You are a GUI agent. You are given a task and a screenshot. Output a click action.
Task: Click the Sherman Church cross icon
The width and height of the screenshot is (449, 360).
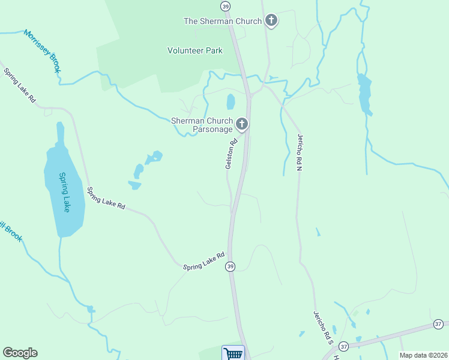click(271, 21)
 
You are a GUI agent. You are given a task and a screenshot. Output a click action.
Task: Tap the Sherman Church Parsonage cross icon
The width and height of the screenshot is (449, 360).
click(242, 124)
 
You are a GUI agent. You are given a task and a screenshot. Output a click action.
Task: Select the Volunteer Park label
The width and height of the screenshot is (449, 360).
click(195, 50)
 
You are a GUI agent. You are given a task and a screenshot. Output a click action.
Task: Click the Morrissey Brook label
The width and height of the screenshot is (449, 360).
click(43, 51)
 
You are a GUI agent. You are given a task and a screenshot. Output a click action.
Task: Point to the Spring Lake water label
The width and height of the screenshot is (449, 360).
click(64, 192)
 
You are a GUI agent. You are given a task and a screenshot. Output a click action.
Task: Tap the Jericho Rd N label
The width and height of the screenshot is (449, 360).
click(298, 152)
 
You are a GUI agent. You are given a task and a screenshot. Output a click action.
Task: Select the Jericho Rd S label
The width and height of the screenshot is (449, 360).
click(322, 327)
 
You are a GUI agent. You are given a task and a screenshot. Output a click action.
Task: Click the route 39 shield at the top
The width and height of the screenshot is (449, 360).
click(225, 6)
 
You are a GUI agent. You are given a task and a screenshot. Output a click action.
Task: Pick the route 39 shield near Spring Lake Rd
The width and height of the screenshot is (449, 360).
click(230, 266)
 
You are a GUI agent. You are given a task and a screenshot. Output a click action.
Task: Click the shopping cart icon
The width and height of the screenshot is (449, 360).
click(233, 353)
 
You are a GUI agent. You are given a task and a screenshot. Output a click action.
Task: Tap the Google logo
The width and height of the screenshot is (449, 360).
click(20, 353)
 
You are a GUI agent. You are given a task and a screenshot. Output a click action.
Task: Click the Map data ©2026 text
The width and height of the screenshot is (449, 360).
click(423, 355)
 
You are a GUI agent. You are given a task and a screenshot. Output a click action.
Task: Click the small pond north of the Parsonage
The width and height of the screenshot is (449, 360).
click(231, 101)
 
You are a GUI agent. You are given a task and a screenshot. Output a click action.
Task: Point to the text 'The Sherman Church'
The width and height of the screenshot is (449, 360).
click(223, 21)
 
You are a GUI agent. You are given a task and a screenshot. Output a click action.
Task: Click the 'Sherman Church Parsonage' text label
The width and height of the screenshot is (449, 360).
click(202, 125)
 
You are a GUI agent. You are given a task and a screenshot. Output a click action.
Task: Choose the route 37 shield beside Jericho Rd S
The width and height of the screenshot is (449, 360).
click(343, 346)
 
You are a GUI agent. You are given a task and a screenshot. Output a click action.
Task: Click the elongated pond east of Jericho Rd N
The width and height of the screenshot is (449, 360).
click(364, 94)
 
